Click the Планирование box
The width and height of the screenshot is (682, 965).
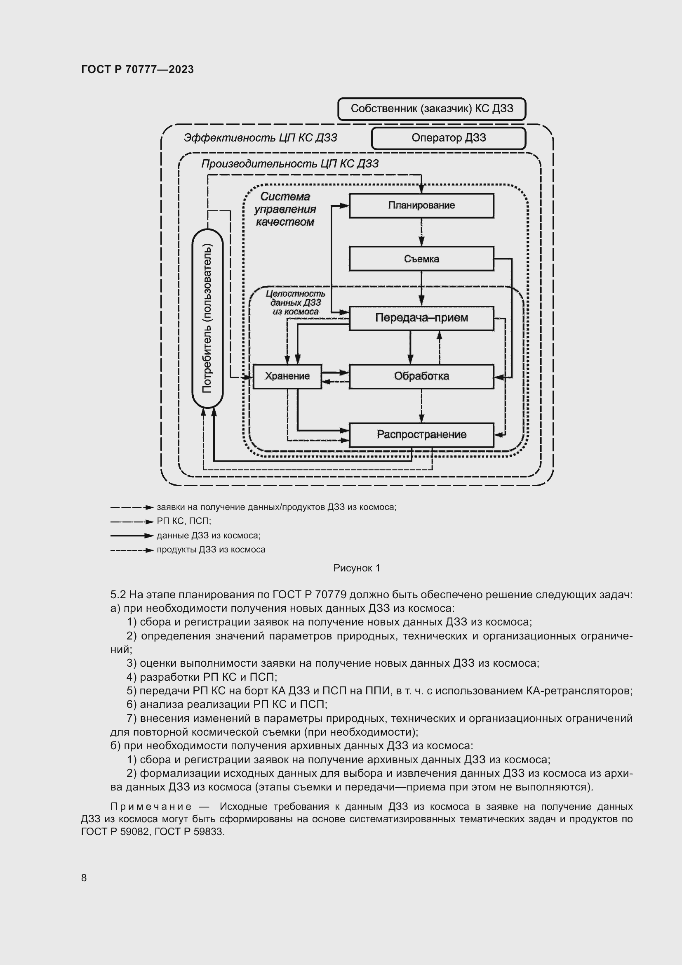421,205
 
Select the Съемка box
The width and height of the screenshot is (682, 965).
421,259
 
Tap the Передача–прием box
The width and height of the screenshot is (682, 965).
421,318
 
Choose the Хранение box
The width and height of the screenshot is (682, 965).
287,376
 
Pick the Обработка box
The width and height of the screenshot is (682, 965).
421,376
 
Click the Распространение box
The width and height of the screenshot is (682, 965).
421,434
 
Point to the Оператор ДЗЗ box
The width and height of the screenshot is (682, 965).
449,138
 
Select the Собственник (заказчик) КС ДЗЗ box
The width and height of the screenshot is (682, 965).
432,109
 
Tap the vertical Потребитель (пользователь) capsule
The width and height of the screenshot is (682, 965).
207,319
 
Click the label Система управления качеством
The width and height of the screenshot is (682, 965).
285,209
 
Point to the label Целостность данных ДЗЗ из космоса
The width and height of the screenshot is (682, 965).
295,302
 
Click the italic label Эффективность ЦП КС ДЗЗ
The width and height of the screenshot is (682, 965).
260,138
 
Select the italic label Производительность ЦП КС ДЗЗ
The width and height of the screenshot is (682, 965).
290,164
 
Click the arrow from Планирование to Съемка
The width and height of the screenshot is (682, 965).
422,232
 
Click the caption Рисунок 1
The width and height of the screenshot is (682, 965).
357,568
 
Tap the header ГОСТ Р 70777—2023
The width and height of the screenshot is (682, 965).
137,69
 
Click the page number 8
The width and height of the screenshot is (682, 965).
84,878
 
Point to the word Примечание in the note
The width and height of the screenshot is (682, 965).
151,807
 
